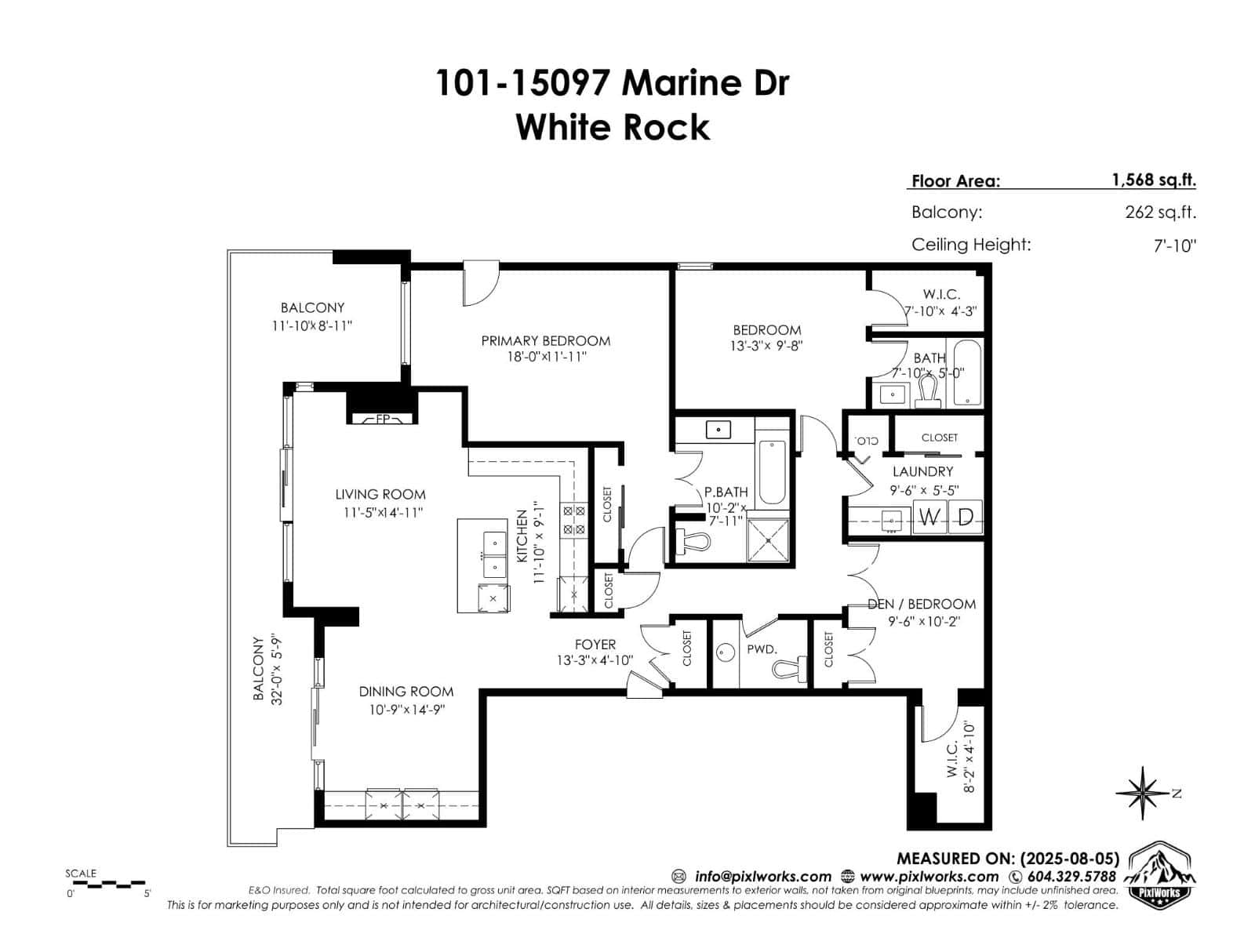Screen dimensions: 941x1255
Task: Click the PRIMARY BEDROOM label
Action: coord(545,340)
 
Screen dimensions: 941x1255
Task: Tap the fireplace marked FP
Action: coord(382,419)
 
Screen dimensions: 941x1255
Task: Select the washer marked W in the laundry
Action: coord(930,518)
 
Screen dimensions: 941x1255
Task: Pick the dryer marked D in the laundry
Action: coord(966,518)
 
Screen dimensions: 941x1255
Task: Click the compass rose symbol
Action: coord(1144,794)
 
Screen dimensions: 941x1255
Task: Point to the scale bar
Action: coord(106,884)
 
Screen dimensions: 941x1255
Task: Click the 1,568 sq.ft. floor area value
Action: coord(1153,180)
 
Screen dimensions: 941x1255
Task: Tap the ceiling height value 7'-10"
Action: coord(1174,245)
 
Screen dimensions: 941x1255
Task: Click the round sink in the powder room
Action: coord(726,652)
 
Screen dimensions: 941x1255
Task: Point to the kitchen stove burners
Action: coord(573,520)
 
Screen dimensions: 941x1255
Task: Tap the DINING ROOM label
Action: coord(406,691)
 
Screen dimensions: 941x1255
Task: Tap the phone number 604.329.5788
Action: coord(1071,876)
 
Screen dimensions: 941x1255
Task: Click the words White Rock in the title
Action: coord(613,127)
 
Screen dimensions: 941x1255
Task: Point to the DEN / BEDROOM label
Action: coord(922,604)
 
